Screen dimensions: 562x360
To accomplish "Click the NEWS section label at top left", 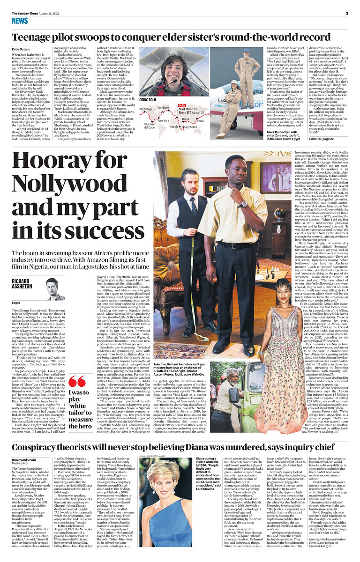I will (20, 21).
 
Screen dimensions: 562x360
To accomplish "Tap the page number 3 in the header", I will (346, 13).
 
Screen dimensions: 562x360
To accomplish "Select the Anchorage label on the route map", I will (146, 109).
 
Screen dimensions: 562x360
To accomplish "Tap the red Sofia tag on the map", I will (182, 105).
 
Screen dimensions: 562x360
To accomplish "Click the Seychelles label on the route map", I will (190, 127).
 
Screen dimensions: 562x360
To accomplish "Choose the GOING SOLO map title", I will (148, 100).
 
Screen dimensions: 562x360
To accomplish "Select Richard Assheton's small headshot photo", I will (55, 289).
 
